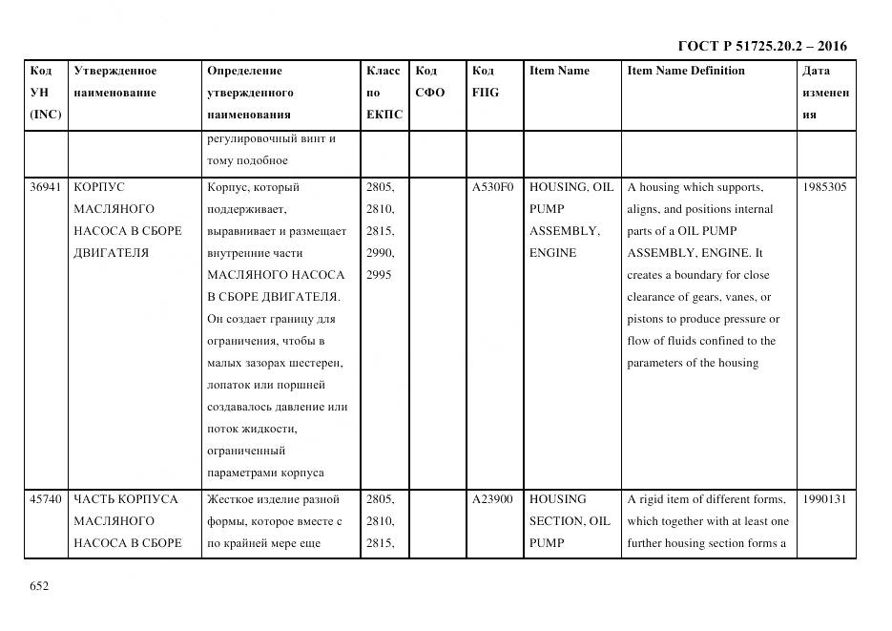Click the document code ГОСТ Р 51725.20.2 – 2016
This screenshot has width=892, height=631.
(761, 46)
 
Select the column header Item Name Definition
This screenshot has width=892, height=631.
(685, 71)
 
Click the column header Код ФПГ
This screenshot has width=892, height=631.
(485, 81)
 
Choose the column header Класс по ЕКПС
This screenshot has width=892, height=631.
(384, 93)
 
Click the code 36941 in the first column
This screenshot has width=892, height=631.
(45, 187)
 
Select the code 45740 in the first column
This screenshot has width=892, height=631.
(45, 499)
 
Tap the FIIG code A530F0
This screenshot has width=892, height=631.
(492, 187)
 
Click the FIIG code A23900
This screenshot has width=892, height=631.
(492, 499)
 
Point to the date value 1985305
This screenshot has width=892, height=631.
(824, 187)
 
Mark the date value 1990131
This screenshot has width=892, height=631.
(824, 499)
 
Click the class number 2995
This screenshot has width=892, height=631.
(378, 275)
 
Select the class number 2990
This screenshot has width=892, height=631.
(378, 253)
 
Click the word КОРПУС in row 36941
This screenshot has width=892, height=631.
(99, 187)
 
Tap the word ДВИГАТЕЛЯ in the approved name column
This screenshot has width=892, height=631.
(111, 253)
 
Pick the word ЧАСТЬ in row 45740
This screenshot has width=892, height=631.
(92, 499)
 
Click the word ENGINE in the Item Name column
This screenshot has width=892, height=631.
(552, 253)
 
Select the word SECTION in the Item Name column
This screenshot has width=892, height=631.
(556, 521)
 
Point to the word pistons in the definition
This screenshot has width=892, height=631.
(646, 320)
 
